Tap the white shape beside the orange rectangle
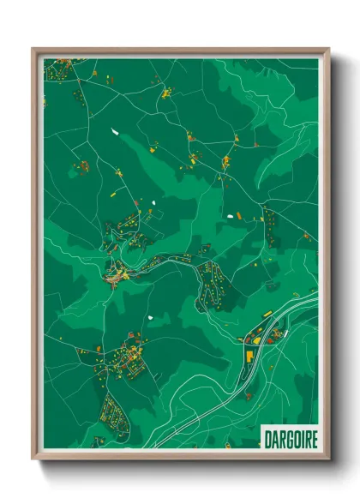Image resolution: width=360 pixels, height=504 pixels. pyautogui.click(x=231, y=215)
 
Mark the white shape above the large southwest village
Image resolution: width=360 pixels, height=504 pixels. pyautogui.click(x=149, y=317)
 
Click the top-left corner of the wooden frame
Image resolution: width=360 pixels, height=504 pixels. pyautogui.click(x=33, y=49)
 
